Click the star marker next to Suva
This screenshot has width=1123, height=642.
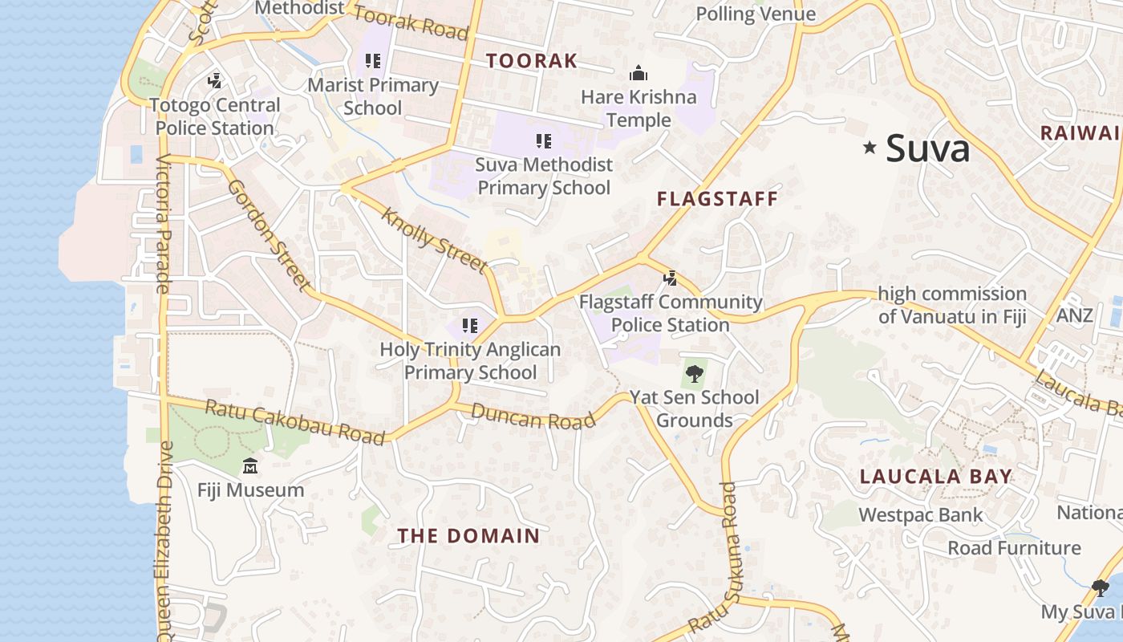pyautogui.click(x=869, y=147)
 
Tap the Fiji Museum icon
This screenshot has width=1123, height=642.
pyautogui.click(x=250, y=465)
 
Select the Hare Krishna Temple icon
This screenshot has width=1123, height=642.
pyautogui.click(x=639, y=74)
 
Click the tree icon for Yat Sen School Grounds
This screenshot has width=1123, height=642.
pyautogui.click(x=694, y=373)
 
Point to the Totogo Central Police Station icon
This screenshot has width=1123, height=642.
pyautogui.click(x=214, y=80)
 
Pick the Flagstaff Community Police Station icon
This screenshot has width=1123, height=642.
pyautogui.click(x=671, y=278)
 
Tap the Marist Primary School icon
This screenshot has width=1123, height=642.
pyautogui.click(x=372, y=61)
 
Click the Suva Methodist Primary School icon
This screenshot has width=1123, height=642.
pyautogui.click(x=544, y=141)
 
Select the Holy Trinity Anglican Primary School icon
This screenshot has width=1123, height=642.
pyautogui.click(x=470, y=326)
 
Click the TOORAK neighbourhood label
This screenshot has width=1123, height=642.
pyautogui.click(x=532, y=60)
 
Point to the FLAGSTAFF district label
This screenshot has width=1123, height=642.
pyautogui.click(x=718, y=199)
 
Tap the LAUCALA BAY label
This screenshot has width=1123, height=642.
pyautogui.click(x=935, y=476)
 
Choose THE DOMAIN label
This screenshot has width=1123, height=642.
pyautogui.click(x=468, y=536)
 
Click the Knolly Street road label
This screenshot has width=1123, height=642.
pyautogui.click(x=434, y=239)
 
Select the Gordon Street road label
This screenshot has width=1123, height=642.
pyautogui.click(x=269, y=234)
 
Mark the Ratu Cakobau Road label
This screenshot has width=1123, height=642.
pyautogui.click(x=295, y=421)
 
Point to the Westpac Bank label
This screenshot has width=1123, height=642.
pyautogui.click(x=920, y=514)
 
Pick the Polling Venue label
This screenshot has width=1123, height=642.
pyautogui.click(x=756, y=14)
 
